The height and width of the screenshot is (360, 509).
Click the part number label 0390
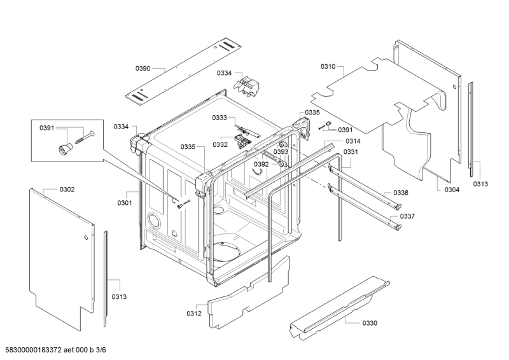coord(143,68)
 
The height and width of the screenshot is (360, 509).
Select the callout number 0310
coord(328,67)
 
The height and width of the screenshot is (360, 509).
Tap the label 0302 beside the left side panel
coord(67,190)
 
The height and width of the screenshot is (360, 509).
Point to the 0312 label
coord(194,314)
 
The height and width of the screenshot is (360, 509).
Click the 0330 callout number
coord(370,323)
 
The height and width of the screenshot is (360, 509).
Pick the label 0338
coord(401,193)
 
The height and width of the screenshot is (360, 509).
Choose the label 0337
coord(407,216)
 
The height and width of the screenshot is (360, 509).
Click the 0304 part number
coord(452,190)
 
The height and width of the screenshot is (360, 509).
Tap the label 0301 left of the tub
coord(125,203)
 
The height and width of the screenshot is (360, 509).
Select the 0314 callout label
coord(353,141)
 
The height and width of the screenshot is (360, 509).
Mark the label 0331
coord(351,151)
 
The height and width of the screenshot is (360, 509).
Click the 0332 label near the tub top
coord(220,144)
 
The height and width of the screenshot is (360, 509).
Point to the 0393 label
coord(281,151)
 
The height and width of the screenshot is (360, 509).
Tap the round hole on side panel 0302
coord(86,237)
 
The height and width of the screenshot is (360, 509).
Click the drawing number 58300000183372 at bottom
coord(34,350)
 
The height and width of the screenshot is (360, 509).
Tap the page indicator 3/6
coord(101,350)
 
